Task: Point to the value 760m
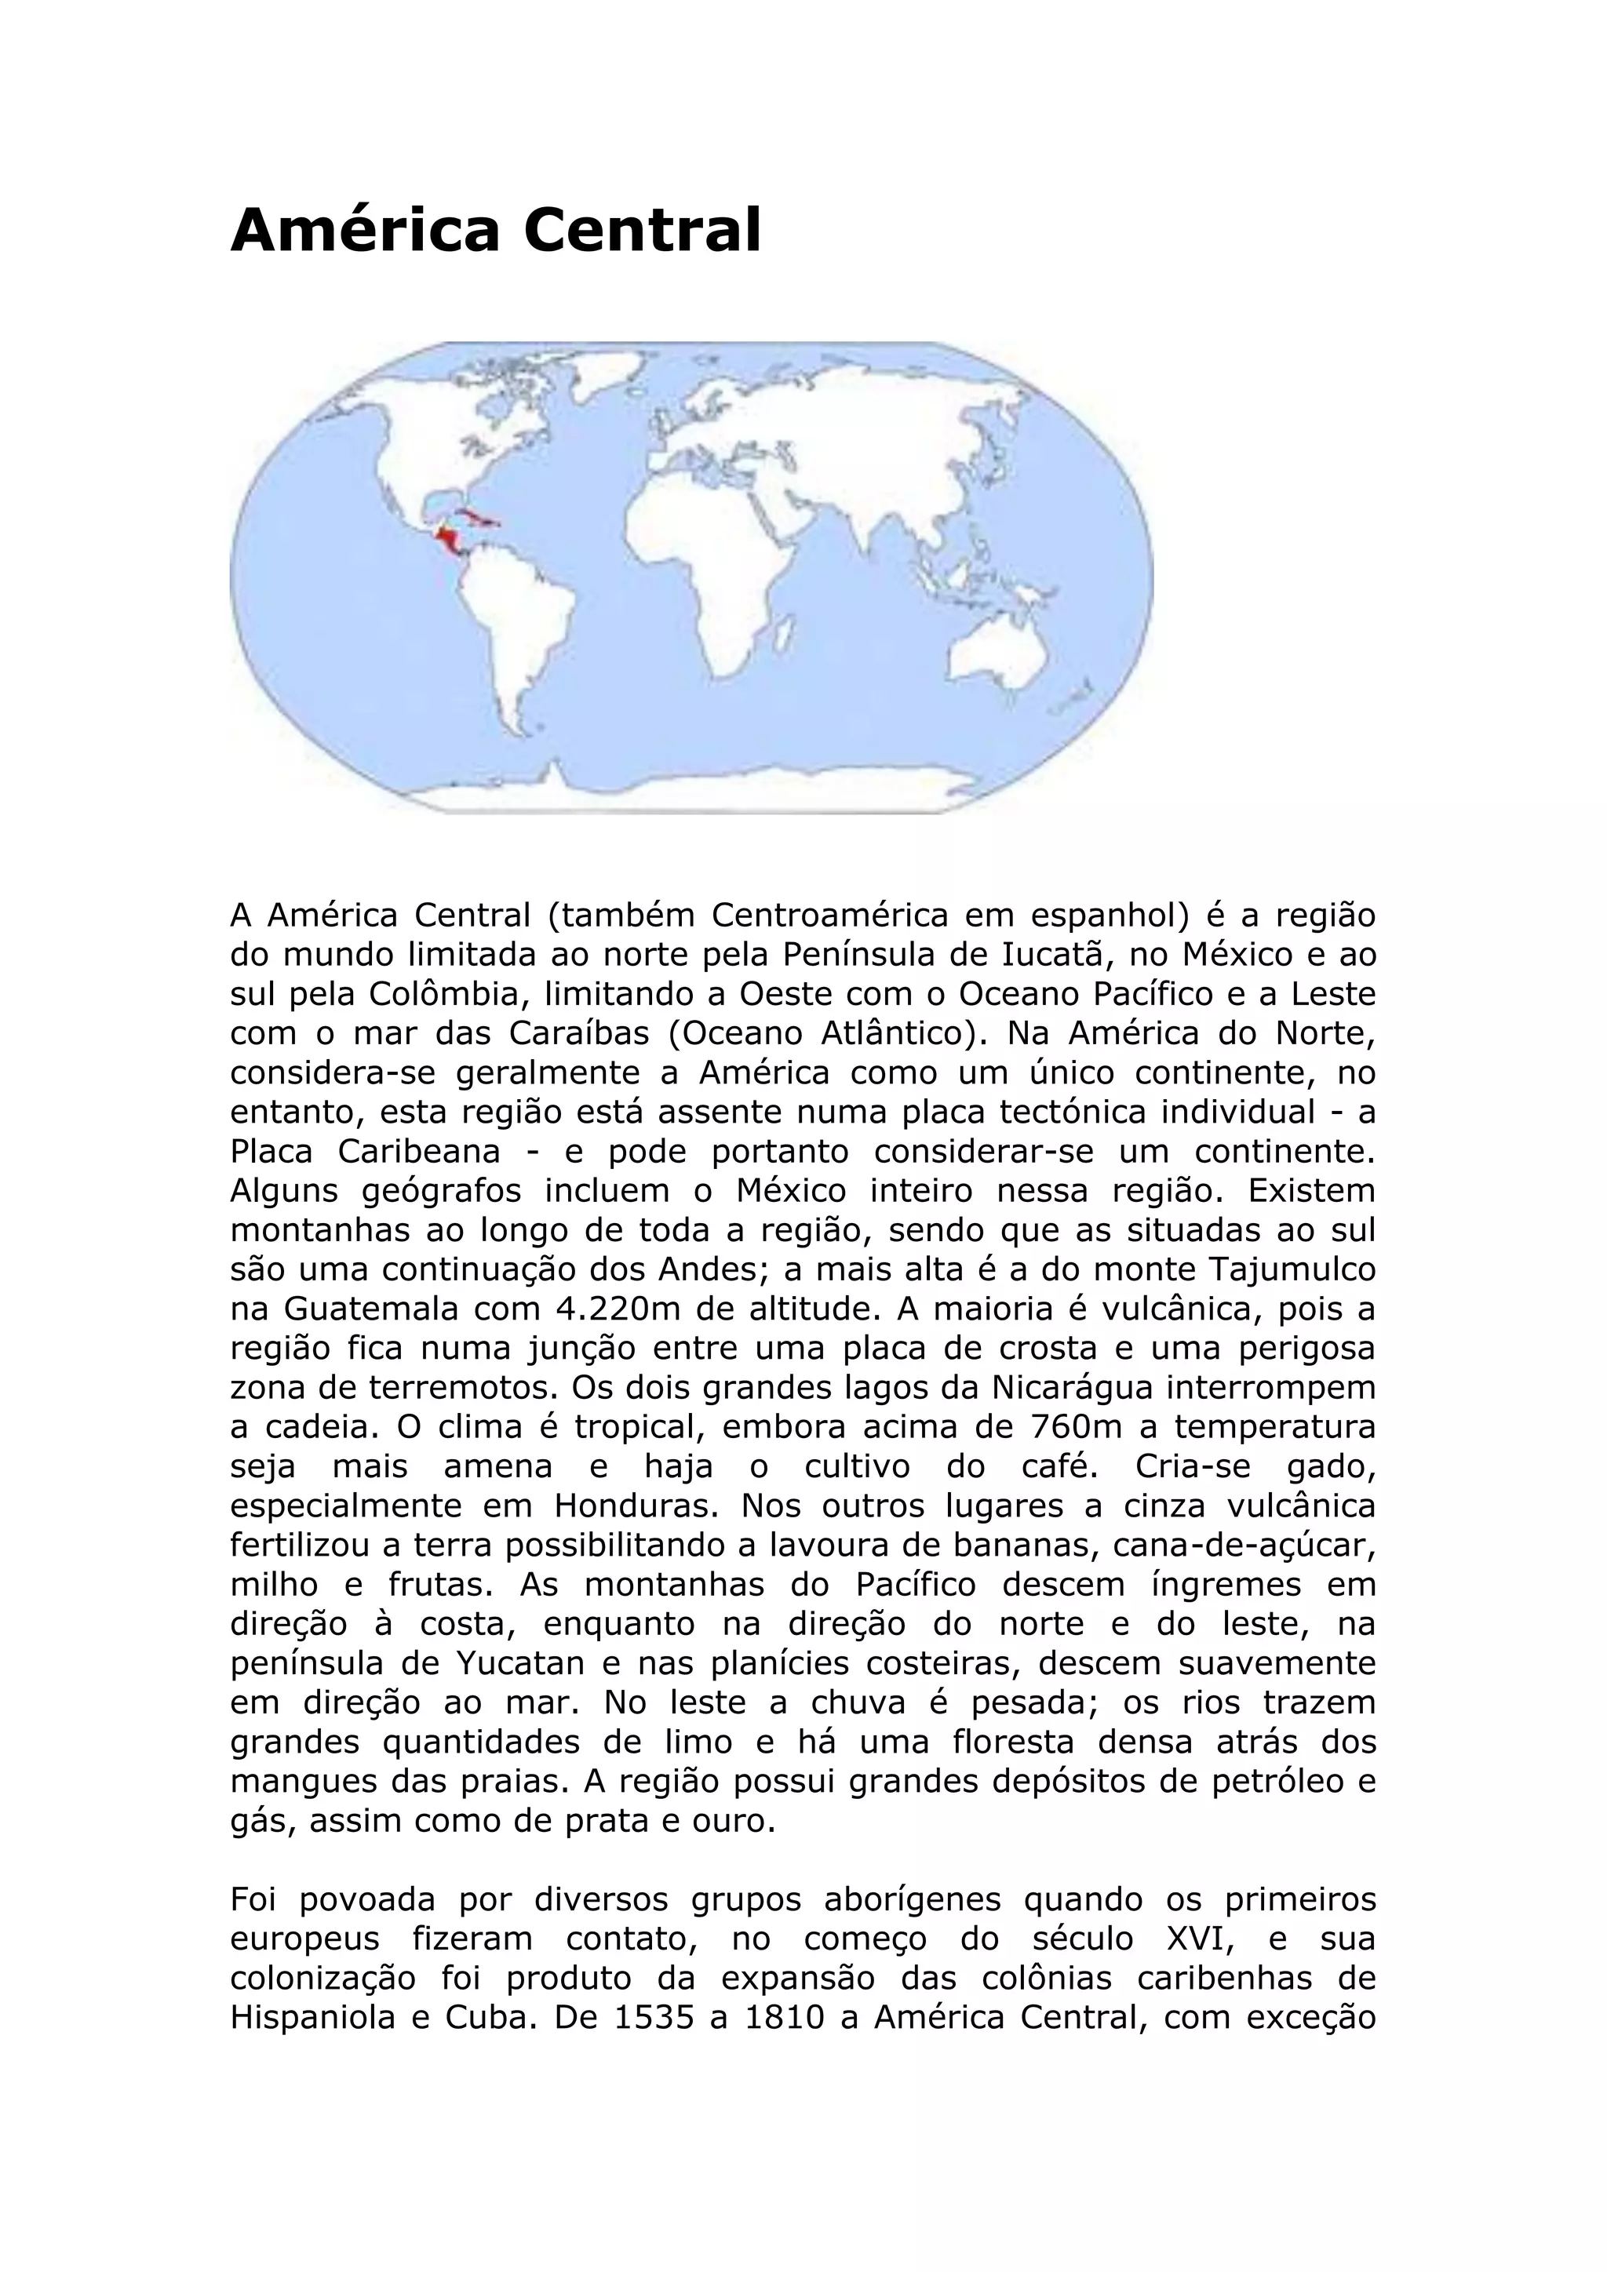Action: click(x=1093, y=1428)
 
